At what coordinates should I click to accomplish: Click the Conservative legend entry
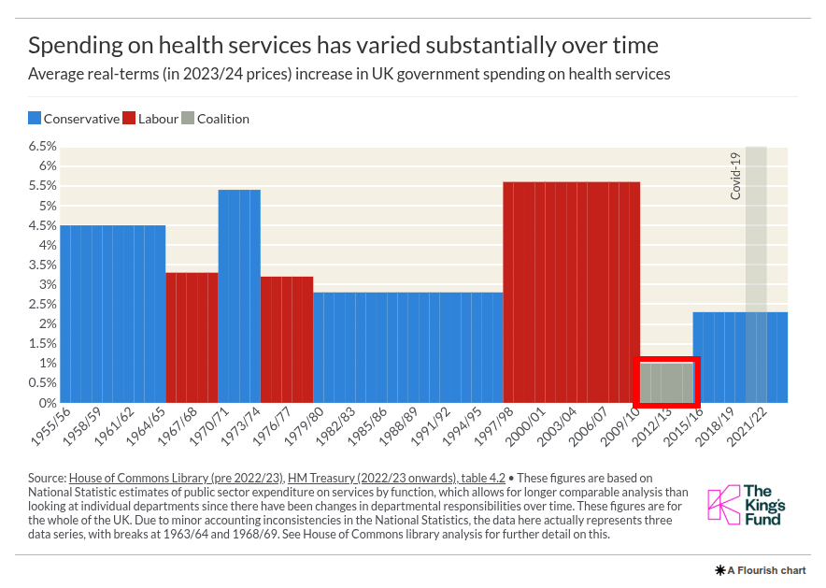[74, 119]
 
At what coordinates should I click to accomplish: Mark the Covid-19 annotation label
[735, 175]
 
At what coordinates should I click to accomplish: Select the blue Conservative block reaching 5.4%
[239, 295]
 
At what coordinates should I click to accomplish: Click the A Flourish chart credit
[760, 569]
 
